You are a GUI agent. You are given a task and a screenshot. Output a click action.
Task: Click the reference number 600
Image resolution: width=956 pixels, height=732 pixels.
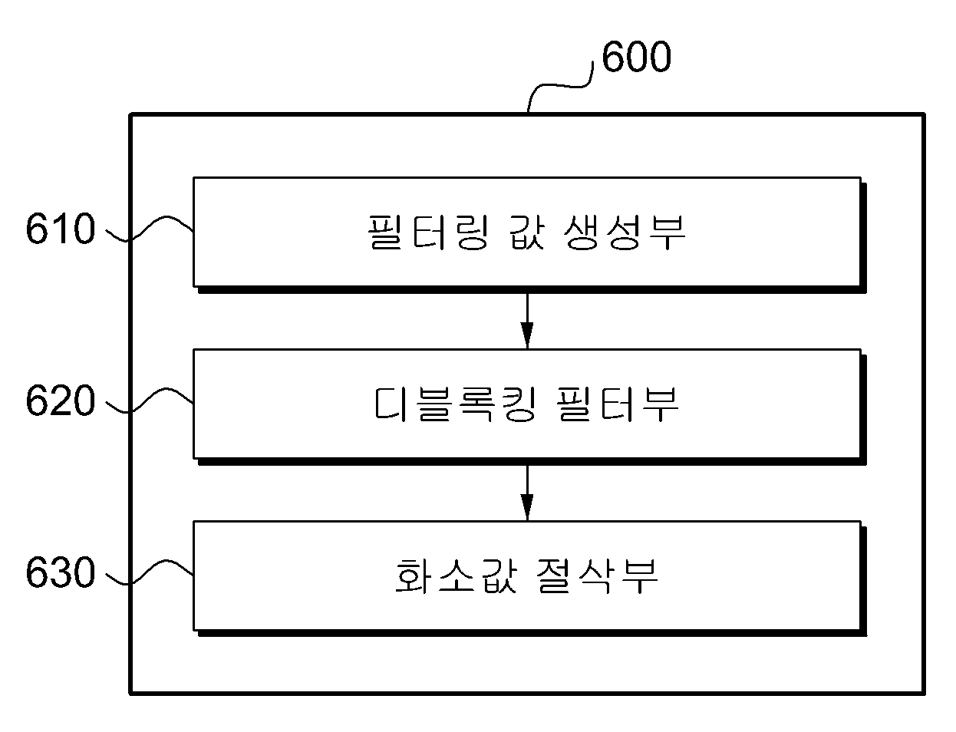[636, 56]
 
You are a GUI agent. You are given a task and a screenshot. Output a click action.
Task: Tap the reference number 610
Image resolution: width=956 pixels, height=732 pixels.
[61, 229]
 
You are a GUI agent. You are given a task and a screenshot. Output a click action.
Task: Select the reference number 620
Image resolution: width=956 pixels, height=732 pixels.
[61, 401]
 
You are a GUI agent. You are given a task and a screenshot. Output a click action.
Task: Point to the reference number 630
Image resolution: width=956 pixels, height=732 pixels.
[61, 572]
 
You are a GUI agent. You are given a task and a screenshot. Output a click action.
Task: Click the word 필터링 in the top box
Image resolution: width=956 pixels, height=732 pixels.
[428, 232]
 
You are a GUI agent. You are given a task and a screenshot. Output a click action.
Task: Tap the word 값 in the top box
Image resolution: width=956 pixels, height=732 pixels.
[528, 232]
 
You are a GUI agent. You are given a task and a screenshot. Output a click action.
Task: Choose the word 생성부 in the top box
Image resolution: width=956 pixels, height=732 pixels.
[625, 232]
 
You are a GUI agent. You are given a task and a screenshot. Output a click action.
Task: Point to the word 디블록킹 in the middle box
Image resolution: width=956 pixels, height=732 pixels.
[454, 404]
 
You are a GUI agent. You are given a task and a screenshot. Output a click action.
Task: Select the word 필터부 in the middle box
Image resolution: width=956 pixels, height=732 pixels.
[617, 404]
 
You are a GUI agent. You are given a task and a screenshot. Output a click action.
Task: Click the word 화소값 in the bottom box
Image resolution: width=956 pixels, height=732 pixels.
[456, 576]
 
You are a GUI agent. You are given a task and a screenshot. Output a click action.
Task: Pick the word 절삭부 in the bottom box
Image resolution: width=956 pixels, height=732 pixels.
[597, 576]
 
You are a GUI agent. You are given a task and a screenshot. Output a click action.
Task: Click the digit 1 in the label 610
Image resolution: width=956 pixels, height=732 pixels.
[61, 229]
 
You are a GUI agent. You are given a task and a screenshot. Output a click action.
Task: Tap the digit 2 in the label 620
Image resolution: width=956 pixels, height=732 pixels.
[61, 401]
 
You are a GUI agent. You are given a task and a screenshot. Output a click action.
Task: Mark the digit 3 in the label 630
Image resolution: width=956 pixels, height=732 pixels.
[61, 572]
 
